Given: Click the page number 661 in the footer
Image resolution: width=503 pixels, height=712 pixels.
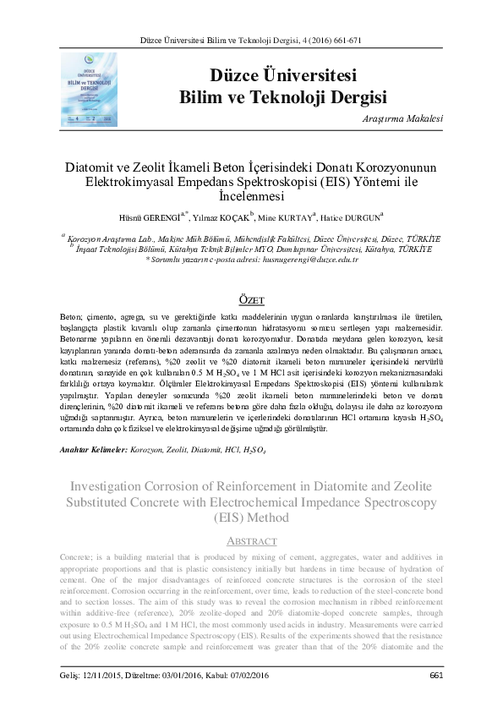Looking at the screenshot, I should click(436, 674).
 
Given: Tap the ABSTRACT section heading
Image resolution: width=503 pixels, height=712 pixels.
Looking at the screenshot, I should click(253, 541).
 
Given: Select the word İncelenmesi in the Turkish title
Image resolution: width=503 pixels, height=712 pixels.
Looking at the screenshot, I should click(253, 197).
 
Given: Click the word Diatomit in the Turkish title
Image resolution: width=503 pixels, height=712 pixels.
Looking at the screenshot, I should click(95, 167).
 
